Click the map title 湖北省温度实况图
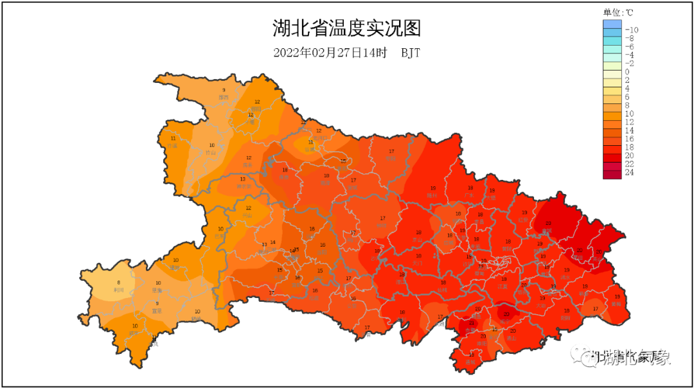pyautogui.click(x=346, y=29)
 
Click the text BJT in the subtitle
pyautogui.click(x=411, y=53)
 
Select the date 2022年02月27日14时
pyautogui.click(x=330, y=53)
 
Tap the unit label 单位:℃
pyautogui.click(x=618, y=12)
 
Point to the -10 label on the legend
pyautogui.click(x=632, y=30)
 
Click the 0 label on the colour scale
pyautogui.click(x=627, y=71)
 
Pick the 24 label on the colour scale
pyautogui.click(x=629, y=172)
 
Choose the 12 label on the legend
pyautogui.click(x=629, y=122)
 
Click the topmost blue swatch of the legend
pyautogui.click(x=612, y=24)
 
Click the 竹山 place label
pyautogui.click(x=211, y=153)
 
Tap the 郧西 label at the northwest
pyautogui.click(x=224, y=97)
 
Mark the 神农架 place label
pyautogui.click(x=243, y=186)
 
